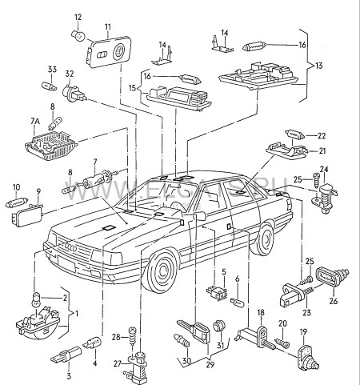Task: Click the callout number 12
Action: [78, 17]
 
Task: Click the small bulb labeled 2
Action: [36, 300]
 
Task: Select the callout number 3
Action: [69, 374]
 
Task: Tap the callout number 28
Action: [115, 335]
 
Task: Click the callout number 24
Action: [325, 169]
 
